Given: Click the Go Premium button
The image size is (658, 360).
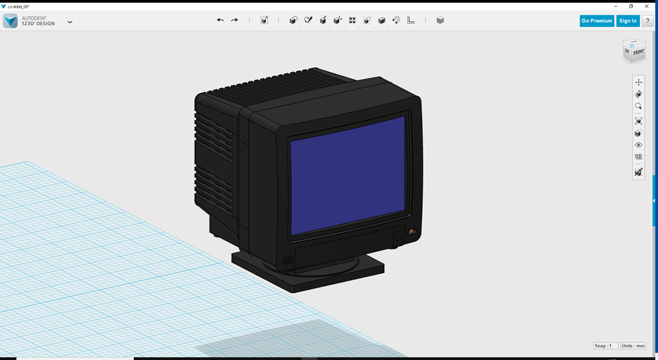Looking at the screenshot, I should pos(596,21).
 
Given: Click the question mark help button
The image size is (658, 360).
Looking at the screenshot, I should pos(647,21).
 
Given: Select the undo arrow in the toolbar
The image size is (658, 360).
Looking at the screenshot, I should pos(220,21).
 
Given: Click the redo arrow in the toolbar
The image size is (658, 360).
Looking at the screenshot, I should pos(235,21).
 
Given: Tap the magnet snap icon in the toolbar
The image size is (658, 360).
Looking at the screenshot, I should pos(396,21).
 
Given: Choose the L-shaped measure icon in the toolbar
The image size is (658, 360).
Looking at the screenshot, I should pos(411,21).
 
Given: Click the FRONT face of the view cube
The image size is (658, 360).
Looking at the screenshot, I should pos(637,53).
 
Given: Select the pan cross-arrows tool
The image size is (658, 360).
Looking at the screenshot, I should pos(638,82).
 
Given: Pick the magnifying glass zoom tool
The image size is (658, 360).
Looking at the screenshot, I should pos(638,106).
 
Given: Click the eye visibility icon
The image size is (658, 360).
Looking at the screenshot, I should pos(638,145).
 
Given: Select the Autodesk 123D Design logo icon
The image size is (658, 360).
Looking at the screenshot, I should pos(10,21).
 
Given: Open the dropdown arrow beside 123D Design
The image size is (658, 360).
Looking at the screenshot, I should pos(69,21).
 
